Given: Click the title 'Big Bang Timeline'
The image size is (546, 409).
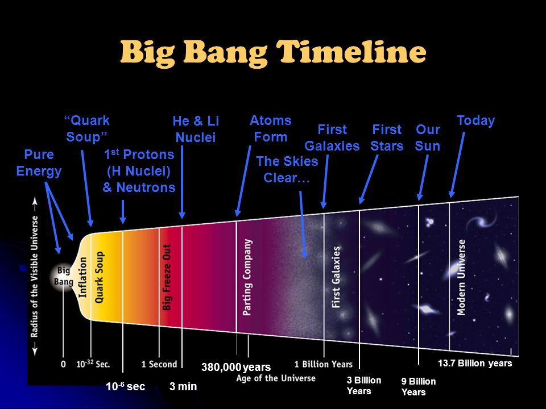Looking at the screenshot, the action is (x=273, y=52).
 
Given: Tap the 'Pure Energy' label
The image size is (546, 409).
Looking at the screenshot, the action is (x=39, y=163).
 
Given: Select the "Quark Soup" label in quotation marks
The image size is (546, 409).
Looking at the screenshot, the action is (x=86, y=129).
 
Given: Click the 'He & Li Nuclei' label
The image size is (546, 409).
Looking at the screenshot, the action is (x=196, y=129).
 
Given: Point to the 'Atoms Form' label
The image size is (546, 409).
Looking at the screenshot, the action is (x=271, y=128).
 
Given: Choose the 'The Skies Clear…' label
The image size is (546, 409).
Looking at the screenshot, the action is (x=287, y=169).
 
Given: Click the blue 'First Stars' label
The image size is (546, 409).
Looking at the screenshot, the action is (x=387, y=137).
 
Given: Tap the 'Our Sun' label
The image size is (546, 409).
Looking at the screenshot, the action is (x=428, y=137).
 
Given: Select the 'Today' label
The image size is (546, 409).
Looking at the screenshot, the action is (x=475, y=120).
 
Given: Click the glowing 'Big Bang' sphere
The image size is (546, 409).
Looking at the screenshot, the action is (x=63, y=276).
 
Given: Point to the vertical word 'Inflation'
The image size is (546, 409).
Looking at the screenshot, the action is (x=82, y=277).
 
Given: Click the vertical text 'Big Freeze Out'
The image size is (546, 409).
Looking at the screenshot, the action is (x=167, y=277).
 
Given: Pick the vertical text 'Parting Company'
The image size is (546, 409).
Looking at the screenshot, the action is (x=247, y=277).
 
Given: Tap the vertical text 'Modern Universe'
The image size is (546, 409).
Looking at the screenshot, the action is (x=461, y=277).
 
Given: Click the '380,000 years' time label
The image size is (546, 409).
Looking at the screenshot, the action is (x=235, y=367).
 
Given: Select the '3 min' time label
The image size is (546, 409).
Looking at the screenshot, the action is (x=183, y=386).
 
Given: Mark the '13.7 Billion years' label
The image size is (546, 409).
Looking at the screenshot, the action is (x=475, y=363).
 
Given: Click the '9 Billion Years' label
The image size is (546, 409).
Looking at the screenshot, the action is (x=418, y=386).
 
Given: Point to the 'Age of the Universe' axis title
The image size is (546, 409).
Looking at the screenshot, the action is (x=276, y=378).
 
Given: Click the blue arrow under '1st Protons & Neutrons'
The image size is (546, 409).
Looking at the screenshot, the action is (x=123, y=212).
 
